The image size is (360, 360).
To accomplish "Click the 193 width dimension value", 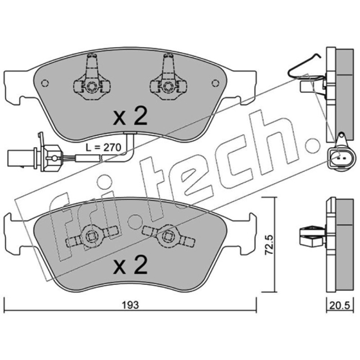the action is pos(130,305).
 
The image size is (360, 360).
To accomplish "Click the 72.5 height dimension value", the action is pos(269,244).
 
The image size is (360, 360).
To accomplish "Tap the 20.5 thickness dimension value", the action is pos(339,306).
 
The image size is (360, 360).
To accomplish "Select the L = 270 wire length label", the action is pos(103,148).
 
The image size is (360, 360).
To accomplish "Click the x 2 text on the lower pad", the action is pos(130,265).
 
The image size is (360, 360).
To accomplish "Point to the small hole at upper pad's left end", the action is pos(45,83).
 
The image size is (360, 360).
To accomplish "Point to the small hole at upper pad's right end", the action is pos(216,83).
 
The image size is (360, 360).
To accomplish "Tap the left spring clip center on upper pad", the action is pos(92,86).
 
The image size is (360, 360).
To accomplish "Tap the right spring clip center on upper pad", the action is pos(168,86).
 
